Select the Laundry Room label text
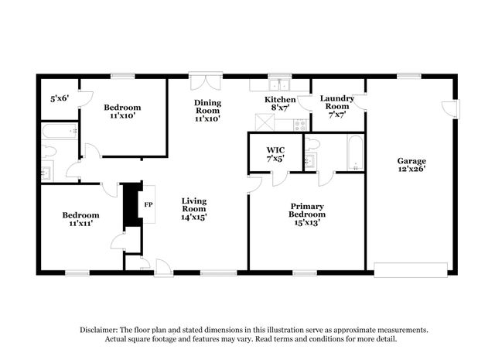click(337, 104)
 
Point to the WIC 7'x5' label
click(275, 153)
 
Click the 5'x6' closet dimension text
click(60, 98)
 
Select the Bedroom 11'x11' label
click(80, 220)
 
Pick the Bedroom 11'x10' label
click(122, 111)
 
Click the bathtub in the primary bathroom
click(353, 153)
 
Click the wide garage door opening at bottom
click(411, 270)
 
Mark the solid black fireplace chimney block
click(132, 204)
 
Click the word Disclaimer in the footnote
click(101, 330)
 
